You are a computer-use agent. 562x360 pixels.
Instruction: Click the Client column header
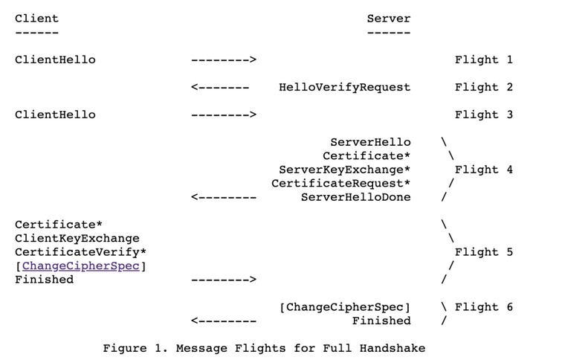[x=36, y=18]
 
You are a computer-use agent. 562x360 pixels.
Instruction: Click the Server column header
[x=388, y=18]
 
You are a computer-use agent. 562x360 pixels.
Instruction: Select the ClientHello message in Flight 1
[x=55, y=60]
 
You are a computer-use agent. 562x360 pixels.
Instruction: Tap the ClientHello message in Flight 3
[x=55, y=115]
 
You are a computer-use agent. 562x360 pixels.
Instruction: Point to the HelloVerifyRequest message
[x=344, y=87]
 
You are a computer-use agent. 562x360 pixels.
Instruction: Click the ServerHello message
[x=370, y=142]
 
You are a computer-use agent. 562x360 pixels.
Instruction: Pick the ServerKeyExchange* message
[x=344, y=170]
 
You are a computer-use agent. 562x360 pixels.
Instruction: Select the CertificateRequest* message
[x=340, y=183]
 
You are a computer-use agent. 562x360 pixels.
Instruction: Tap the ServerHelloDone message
[x=355, y=197]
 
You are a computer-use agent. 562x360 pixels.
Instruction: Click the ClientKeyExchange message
[x=77, y=238]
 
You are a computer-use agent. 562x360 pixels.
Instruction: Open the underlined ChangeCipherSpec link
[x=80, y=266]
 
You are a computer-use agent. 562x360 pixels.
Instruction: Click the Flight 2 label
[x=483, y=87]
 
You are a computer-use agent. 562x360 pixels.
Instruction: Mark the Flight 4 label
[x=483, y=170]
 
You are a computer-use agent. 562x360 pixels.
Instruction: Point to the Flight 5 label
[x=483, y=252]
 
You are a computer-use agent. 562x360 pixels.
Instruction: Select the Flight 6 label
[x=483, y=307]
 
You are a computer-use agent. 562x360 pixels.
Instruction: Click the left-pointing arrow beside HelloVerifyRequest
[x=220, y=87]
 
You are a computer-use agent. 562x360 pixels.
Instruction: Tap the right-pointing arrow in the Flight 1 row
[x=224, y=60]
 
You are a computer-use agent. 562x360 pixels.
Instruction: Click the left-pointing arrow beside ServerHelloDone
[x=224, y=197]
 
